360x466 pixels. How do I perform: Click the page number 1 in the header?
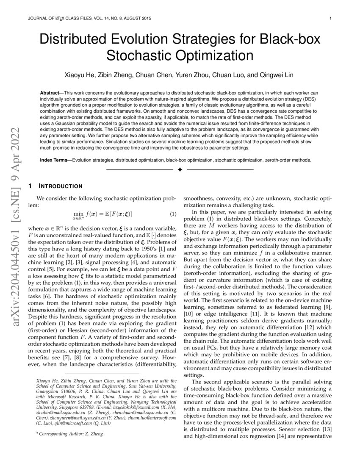tap(330, 19)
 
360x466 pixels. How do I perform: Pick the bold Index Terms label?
tap(55, 161)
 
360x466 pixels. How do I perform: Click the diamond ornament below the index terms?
tap(180, 169)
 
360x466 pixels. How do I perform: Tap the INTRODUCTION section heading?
tap(61, 186)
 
